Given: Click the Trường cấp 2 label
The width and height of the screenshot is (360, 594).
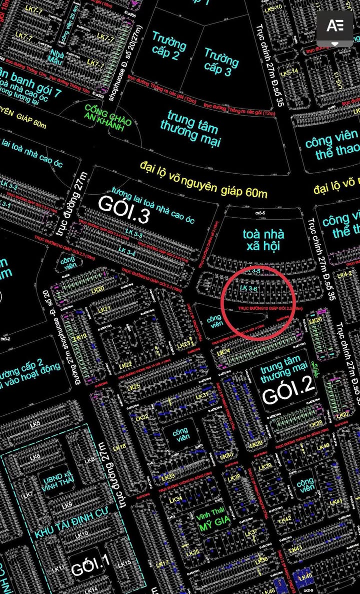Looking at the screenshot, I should pyautogui.click(x=169, y=46).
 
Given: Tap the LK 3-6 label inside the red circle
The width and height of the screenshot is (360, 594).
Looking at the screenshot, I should pyautogui.click(x=248, y=288).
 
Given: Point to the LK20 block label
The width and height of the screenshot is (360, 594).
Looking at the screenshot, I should pyautogui.click(x=98, y=290).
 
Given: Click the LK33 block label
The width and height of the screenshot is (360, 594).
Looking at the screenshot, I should pyautogui.click(x=168, y=476).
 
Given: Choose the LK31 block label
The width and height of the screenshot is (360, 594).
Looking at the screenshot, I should pyautogui.click(x=202, y=396).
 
